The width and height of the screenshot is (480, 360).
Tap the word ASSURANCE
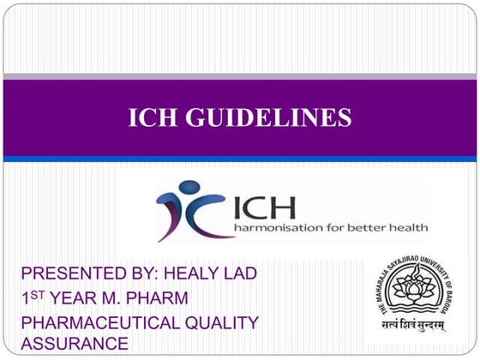click(x=75, y=344)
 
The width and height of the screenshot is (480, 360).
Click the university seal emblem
click(x=416, y=292)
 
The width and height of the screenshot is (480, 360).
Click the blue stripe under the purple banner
click(x=240, y=159)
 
